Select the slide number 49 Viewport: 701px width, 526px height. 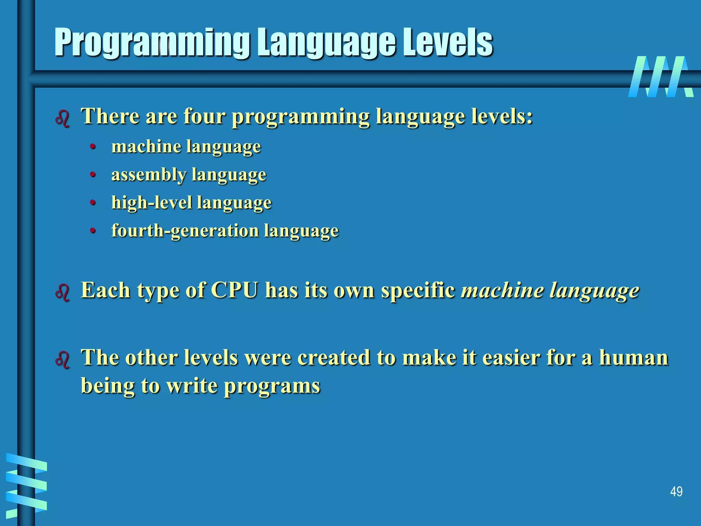676,491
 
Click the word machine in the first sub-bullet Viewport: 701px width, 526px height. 146,147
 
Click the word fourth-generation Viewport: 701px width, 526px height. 185,230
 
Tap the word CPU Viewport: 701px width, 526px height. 234,290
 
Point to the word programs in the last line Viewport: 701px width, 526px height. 272,386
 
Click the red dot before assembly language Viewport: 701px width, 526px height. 92,175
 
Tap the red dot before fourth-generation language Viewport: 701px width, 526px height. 92,231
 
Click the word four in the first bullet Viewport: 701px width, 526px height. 204,116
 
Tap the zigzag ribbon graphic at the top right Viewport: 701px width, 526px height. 661,77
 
